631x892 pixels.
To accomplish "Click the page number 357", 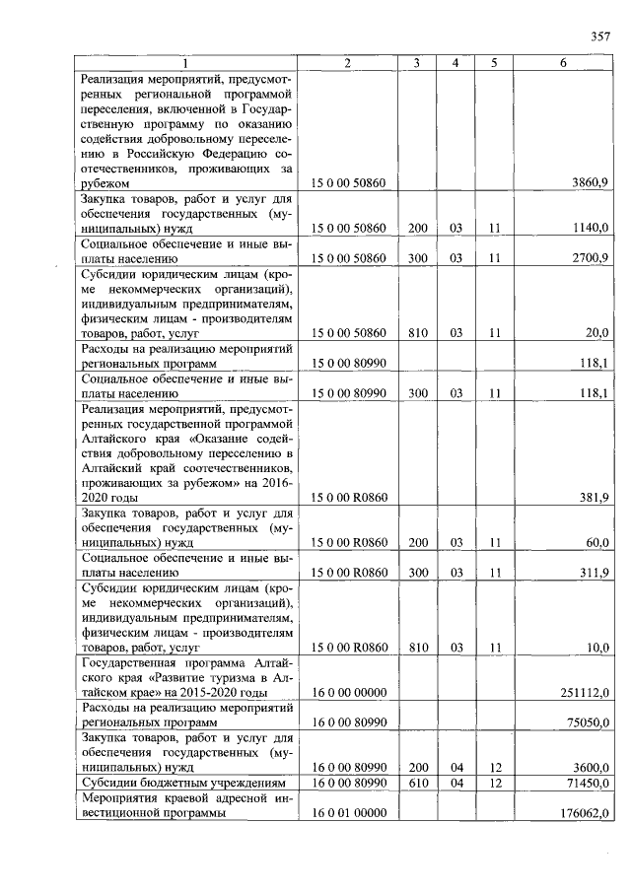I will pyautogui.click(x=600, y=36).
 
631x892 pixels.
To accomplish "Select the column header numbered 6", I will pyautogui.click(x=563, y=63).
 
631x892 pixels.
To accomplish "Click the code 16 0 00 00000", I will pyautogui.click(x=348, y=693).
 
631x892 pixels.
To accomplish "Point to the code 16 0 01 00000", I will pyautogui.click(x=348, y=813).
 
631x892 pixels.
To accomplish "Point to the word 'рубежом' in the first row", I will pyautogui.click(x=106, y=182).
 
